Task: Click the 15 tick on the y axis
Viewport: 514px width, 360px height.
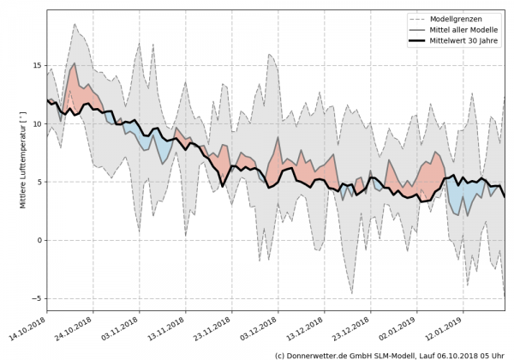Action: [x=38, y=65]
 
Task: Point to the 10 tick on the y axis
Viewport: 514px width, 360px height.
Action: [x=38, y=123]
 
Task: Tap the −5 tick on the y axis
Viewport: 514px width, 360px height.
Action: [x=38, y=298]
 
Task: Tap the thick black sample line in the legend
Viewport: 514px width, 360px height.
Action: [x=421, y=41]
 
